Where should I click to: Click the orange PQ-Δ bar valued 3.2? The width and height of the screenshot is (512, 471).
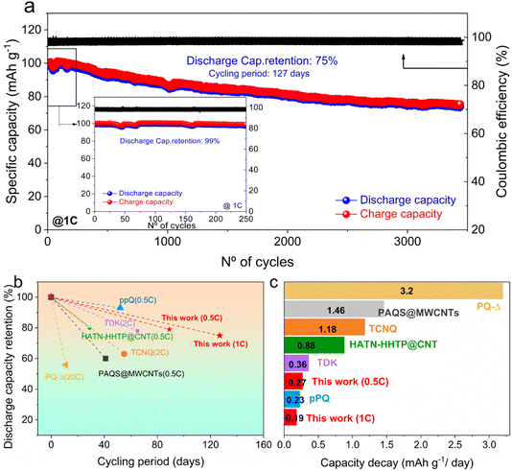pos(393,290)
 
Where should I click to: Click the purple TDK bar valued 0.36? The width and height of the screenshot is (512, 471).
pos(295,364)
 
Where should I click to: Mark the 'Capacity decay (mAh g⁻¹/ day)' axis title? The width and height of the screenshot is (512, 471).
pos(393,459)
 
